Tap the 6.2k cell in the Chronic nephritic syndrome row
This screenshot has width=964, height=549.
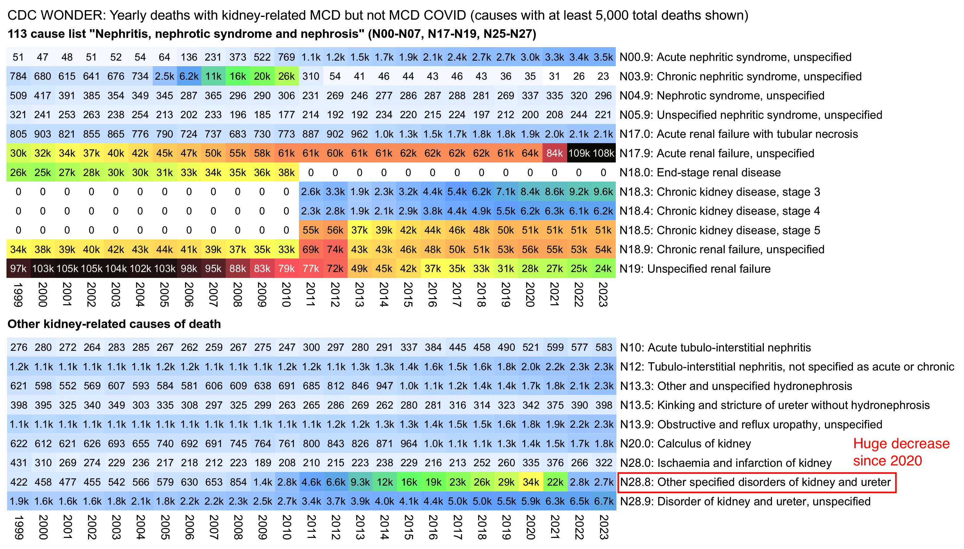(x=188, y=76)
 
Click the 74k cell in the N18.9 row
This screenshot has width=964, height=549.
(x=335, y=249)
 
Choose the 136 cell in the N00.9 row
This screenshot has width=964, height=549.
(x=188, y=57)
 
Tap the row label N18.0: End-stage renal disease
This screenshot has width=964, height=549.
(x=700, y=172)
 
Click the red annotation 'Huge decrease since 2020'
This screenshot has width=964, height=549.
(x=901, y=452)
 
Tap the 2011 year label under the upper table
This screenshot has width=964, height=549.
(x=310, y=295)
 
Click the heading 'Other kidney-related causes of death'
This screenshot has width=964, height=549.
(x=114, y=324)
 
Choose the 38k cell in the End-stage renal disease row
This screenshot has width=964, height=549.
(x=286, y=172)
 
